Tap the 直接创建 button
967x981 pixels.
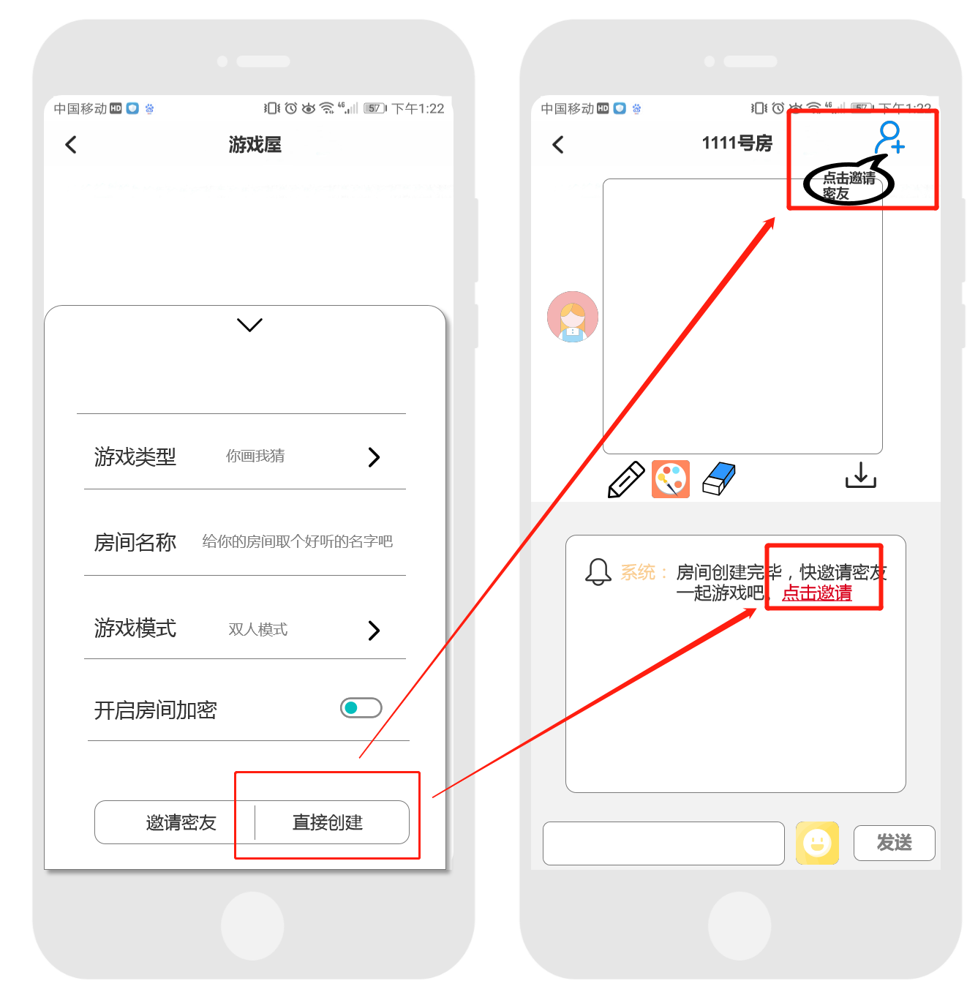pos(328,822)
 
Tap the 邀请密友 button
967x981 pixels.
pos(181,822)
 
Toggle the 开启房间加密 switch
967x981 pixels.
pos(361,707)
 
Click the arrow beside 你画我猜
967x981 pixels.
pos(374,457)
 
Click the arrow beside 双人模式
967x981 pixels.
pos(374,630)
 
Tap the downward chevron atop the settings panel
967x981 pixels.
pos(249,325)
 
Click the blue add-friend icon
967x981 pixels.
pos(890,138)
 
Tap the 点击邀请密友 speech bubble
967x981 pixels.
pos(849,184)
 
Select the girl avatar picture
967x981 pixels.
pos(573,317)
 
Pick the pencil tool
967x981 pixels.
pos(626,479)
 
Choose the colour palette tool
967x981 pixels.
pos(671,479)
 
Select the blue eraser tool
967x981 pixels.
pos(719,478)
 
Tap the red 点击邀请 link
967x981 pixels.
pos(817,593)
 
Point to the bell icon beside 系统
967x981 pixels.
pos(598,571)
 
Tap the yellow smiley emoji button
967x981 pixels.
pos(817,843)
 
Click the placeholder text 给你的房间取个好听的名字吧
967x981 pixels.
pos(297,541)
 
